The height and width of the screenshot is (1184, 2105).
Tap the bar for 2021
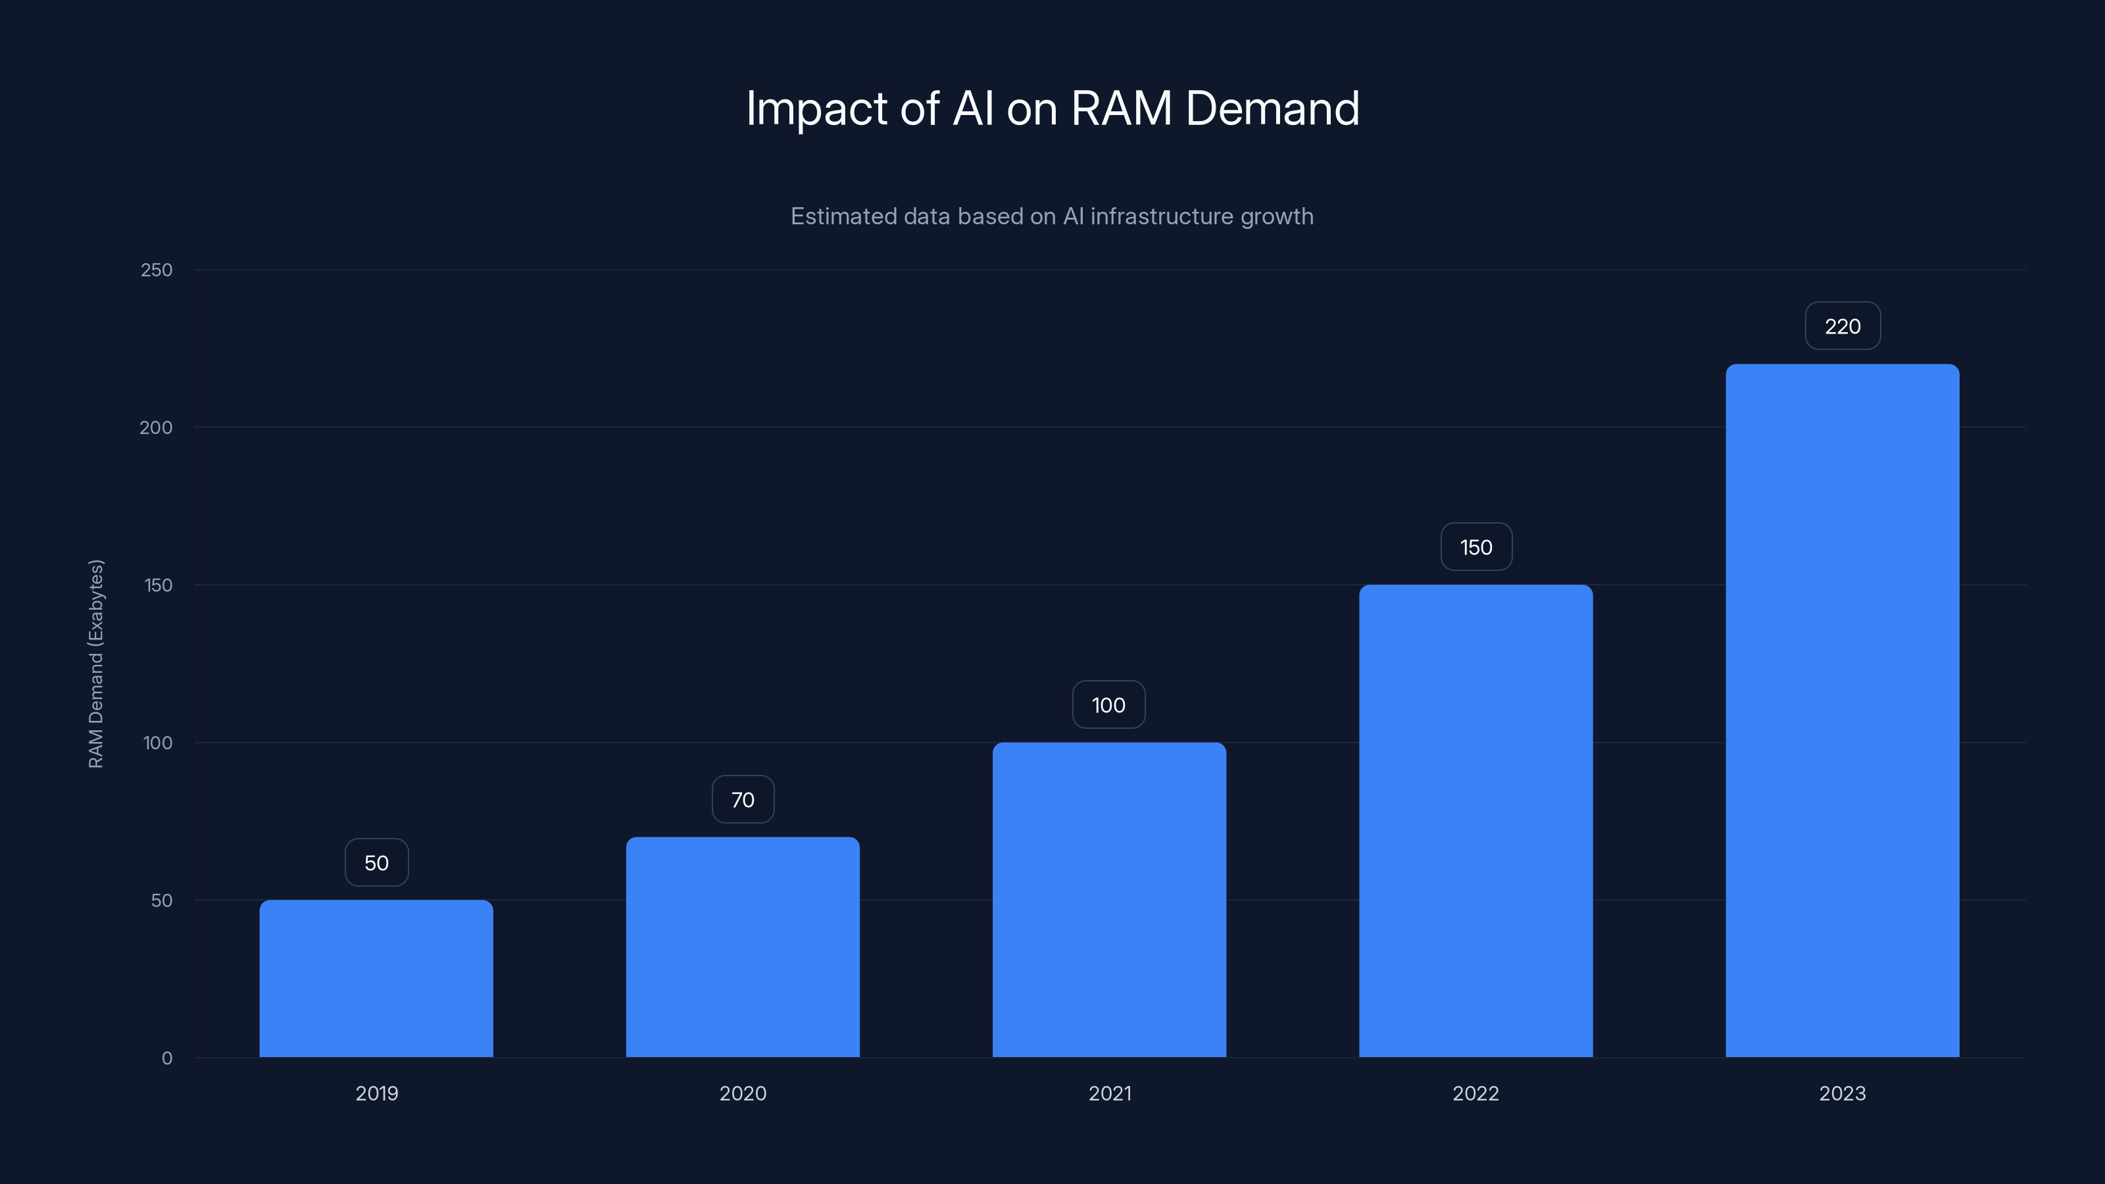tap(1109, 899)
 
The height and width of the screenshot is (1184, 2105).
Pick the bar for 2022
tap(1475, 820)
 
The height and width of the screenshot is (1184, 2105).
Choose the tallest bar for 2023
tap(1842, 710)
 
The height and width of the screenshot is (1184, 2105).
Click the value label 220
tap(1842, 326)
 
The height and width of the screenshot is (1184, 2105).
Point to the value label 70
tap(742, 799)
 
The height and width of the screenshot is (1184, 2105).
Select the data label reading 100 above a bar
tap(1108, 704)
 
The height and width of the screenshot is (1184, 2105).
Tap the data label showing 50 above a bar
tap(376, 862)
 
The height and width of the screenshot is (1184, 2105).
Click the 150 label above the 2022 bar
tap(1475, 547)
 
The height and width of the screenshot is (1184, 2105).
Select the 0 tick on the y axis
tap(166, 1058)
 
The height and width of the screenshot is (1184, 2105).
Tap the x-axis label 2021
tap(1109, 1093)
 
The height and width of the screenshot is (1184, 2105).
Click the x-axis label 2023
tap(1842, 1093)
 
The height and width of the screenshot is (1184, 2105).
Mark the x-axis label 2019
tap(376, 1093)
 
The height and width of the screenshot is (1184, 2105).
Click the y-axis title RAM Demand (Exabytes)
tap(95, 664)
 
